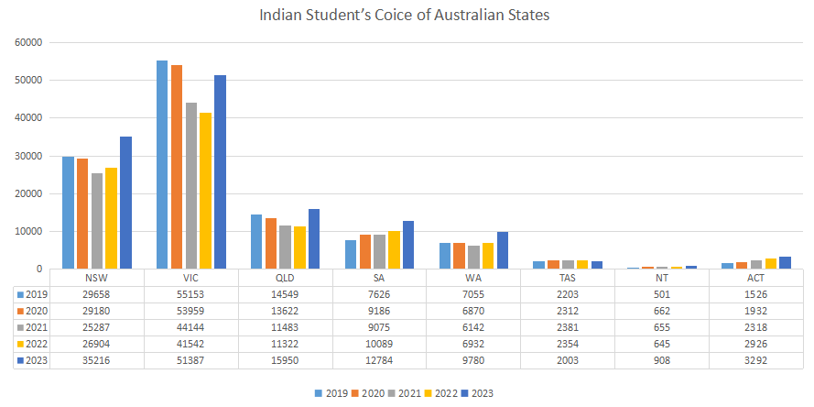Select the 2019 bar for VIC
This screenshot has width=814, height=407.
[162, 165]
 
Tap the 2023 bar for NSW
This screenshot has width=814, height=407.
[125, 203]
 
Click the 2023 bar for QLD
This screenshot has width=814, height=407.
[314, 239]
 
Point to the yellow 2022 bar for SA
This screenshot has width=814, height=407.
[394, 250]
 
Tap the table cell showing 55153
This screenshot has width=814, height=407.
[191, 294]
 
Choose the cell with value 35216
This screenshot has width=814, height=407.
[97, 360]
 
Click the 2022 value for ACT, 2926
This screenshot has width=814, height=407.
[755, 344]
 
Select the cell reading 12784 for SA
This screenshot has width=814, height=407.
[379, 360]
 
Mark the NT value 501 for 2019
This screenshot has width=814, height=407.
[661, 294]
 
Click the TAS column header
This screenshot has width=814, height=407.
[567, 278]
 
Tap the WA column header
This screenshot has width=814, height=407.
[473, 278]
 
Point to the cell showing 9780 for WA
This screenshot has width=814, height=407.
[473, 360]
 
